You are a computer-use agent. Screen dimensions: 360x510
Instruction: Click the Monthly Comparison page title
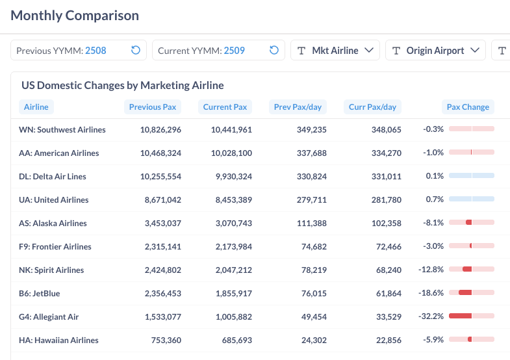pyautogui.click(x=75, y=16)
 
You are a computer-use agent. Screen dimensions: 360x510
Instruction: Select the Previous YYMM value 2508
pyautogui.click(x=96, y=51)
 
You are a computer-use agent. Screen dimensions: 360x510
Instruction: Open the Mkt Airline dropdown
pyautogui.click(x=335, y=51)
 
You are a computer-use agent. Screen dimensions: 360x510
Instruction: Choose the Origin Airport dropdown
pyautogui.click(x=435, y=51)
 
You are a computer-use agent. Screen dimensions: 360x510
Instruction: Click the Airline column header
pyautogui.click(x=36, y=107)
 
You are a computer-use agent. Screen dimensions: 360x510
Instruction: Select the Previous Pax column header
pyautogui.click(x=153, y=107)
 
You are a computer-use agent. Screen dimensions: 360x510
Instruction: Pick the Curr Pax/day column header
pyautogui.click(x=372, y=107)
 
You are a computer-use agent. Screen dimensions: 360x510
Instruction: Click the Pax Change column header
pyautogui.click(x=468, y=107)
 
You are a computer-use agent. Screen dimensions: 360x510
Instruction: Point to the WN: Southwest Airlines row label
pyautogui.click(x=62, y=130)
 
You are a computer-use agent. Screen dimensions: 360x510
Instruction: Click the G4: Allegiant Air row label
pyautogui.click(x=49, y=317)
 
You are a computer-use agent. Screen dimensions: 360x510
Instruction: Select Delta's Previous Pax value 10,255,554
pyautogui.click(x=160, y=177)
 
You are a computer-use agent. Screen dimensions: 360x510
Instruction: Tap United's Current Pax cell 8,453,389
pyautogui.click(x=231, y=200)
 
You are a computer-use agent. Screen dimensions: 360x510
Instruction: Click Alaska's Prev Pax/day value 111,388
pyautogui.click(x=309, y=224)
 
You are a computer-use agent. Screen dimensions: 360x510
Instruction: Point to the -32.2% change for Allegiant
pyautogui.click(x=431, y=317)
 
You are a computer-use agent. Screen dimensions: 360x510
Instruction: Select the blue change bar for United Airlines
pyautogui.click(x=471, y=199)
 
